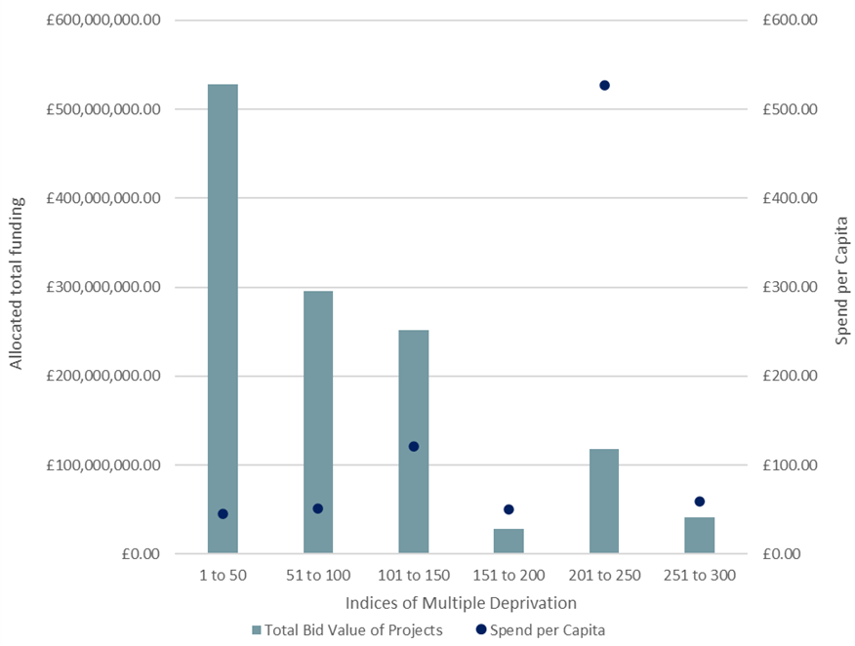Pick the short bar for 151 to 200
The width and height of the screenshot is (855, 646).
point(509,542)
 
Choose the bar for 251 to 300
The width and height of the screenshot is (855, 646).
point(699,536)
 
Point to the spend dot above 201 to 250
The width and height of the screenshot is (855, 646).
point(604,86)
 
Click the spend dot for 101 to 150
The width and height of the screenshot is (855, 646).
point(413,447)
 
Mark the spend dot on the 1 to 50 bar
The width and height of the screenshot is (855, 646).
point(223,514)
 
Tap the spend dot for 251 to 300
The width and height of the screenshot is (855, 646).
point(699,502)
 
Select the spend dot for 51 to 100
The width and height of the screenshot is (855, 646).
point(317,508)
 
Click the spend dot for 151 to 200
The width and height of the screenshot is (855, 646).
point(509,509)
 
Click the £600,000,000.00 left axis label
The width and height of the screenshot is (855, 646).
point(104,20)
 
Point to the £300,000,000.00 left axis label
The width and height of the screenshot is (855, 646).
point(104,287)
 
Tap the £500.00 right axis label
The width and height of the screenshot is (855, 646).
point(790,109)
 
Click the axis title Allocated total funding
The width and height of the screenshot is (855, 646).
point(17,287)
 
